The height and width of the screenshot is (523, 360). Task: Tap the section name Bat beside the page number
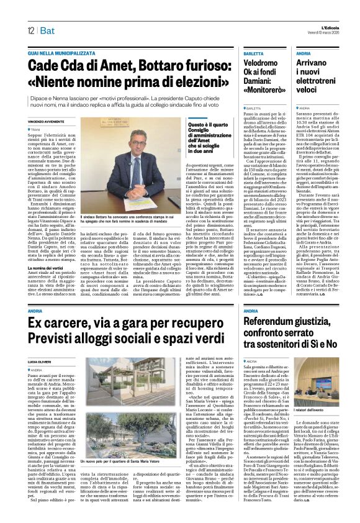pyautogui.click(x=47, y=30)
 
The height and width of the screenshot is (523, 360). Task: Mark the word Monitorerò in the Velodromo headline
pyautogui.click(x=263, y=90)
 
